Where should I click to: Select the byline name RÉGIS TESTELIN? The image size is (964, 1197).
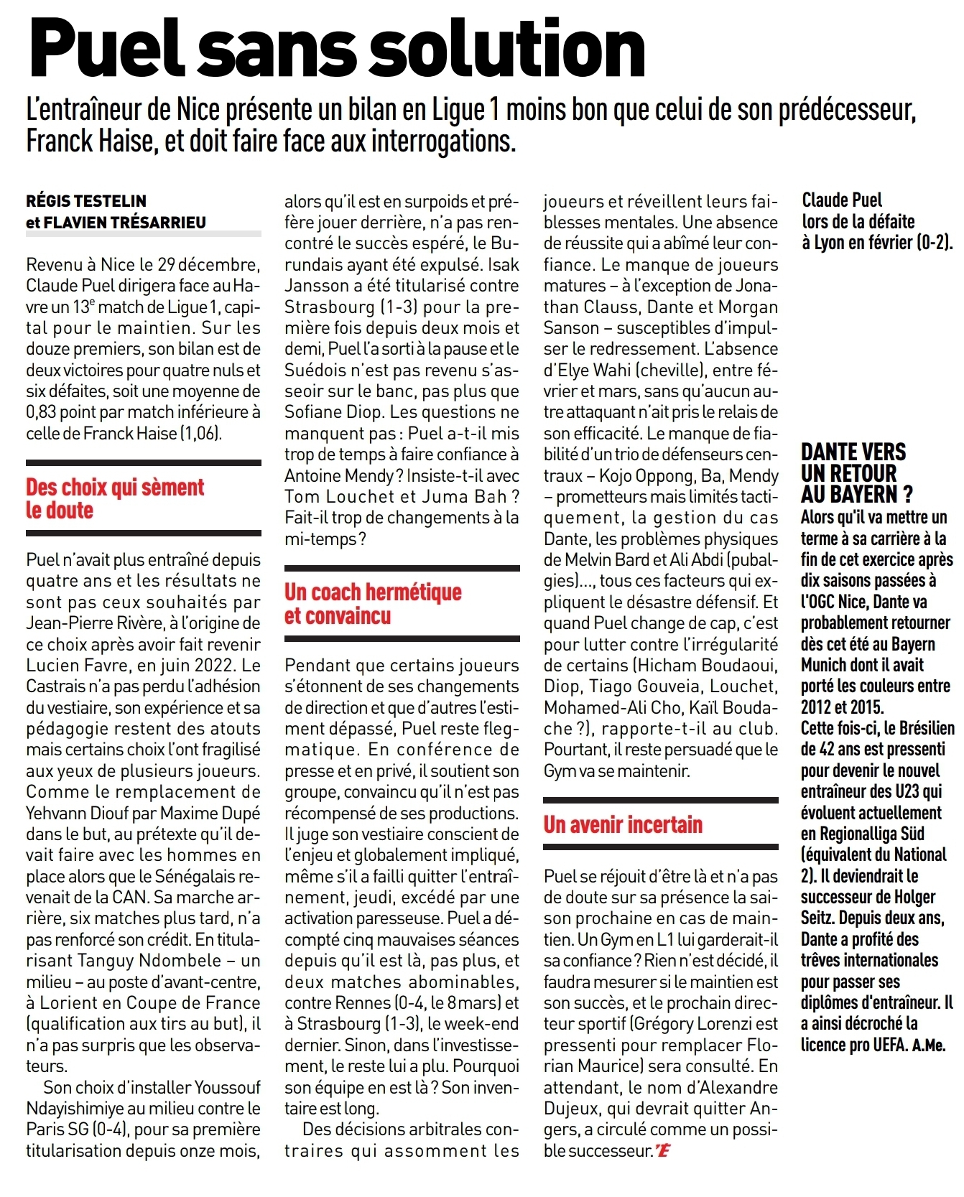(x=86, y=201)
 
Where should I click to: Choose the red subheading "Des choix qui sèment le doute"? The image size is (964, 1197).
(x=115, y=498)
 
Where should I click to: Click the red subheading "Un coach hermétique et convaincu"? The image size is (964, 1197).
(x=373, y=603)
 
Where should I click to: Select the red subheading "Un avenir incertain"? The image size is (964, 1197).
(x=623, y=824)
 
